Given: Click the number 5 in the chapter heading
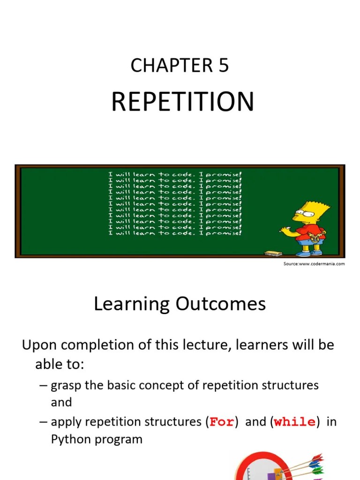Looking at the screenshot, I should [223, 66].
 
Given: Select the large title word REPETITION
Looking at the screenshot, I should [182, 102].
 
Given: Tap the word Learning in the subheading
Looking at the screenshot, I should [132, 305].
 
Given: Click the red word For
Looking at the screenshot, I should [222, 422].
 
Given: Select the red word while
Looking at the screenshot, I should [294, 422].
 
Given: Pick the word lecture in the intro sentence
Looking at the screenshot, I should [207, 345].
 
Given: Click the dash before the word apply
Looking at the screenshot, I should [43, 422].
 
